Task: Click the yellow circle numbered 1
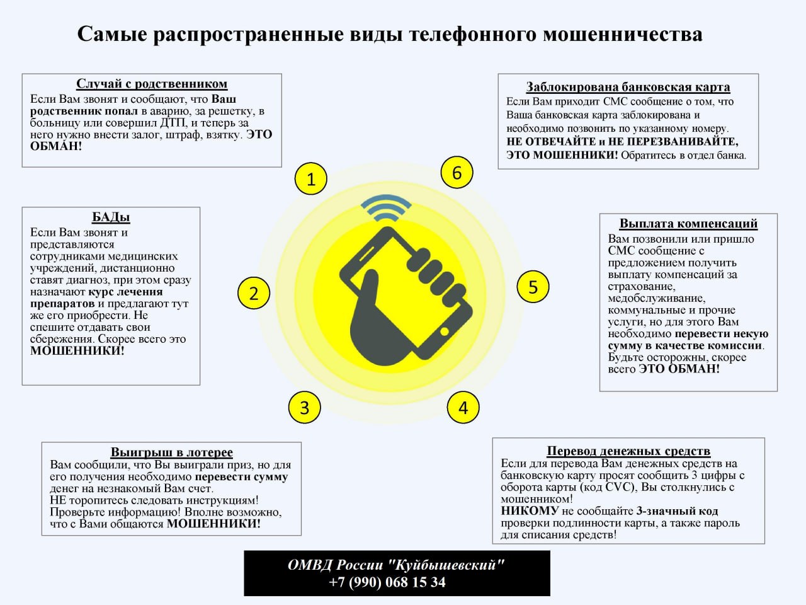(x=310, y=178)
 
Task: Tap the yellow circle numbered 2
(x=254, y=293)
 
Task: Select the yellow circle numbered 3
(x=304, y=407)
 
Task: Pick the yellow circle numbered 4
(x=463, y=407)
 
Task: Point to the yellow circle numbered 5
(x=533, y=287)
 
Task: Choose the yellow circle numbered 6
(x=457, y=172)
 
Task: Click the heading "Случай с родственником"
(x=152, y=84)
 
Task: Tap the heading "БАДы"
(x=111, y=217)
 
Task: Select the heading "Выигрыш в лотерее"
(x=171, y=452)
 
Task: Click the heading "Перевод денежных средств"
(x=628, y=451)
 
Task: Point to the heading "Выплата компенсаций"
(x=688, y=223)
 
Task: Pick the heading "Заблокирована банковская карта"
(x=628, y=87)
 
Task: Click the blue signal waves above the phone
(x=386, y=208)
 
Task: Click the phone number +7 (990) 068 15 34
(x=387, y=582)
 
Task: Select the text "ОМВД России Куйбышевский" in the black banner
(x=396, y=565)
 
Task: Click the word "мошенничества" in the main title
(x=622, y=35)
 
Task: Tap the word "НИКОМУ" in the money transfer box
(x=530, y=511)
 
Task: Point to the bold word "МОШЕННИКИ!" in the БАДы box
(x=77, y=351)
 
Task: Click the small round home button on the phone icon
(x=444, y=331)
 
